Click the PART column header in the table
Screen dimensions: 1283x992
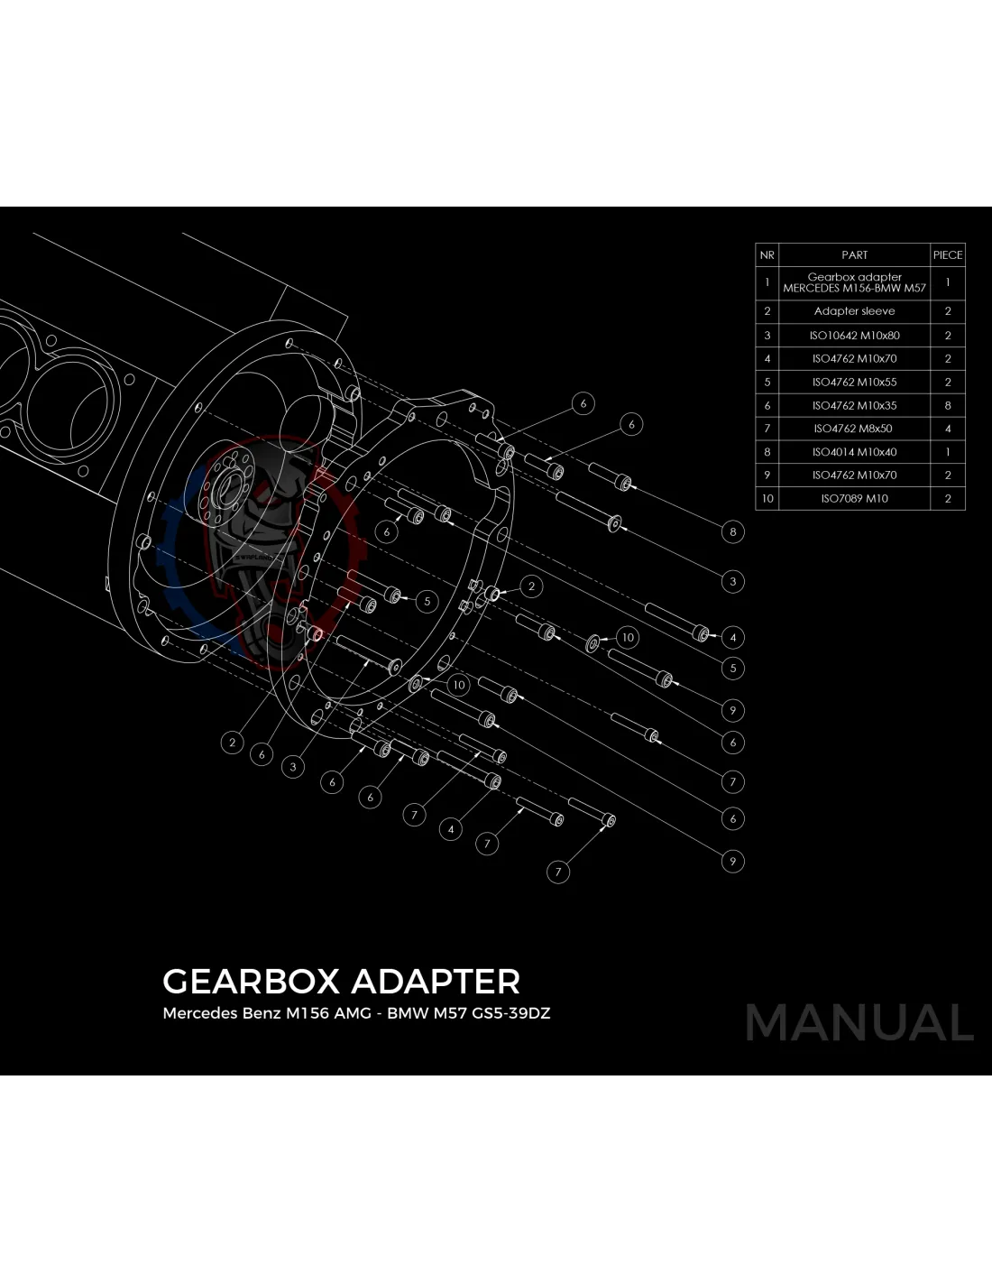click(854, 255)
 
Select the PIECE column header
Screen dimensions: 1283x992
click(948, 255)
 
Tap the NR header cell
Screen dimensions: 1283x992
click(767, 255)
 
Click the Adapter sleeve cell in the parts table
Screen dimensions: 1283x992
click(854, 311)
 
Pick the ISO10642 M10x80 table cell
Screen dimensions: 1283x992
click(854, 336)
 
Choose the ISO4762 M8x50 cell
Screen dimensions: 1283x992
click(854, 429)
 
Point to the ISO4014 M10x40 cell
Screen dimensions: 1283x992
click(854, 452)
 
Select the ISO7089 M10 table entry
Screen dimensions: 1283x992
click(854, 498)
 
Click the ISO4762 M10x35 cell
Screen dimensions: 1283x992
click(854, 405)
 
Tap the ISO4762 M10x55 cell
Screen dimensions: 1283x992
click(854, 382)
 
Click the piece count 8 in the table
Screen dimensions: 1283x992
click(948, 405)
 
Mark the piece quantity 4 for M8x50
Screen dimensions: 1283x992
click(948, 429)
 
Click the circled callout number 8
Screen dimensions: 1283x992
click(733, 531)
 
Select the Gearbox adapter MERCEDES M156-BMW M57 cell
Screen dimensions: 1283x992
click(854, 282)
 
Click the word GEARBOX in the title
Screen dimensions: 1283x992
click(251, 982)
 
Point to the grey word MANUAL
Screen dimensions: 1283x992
click(859, 1023)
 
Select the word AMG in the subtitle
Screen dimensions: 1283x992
click(353, 1013)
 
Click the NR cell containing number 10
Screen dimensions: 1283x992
click(767, 498)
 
